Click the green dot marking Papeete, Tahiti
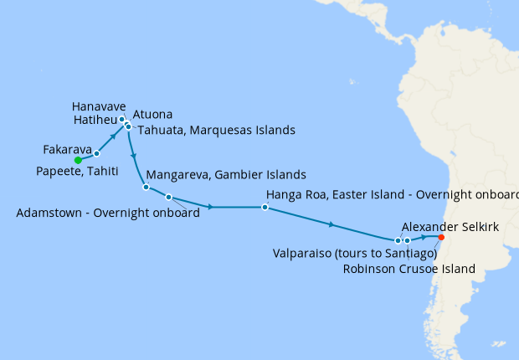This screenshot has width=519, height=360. point(77,159)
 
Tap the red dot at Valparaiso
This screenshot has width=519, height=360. point(441,237)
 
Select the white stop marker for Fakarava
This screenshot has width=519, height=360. point(97,154)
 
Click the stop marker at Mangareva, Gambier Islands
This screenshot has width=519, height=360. point(146,187)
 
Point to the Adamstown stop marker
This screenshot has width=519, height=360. point(168,198)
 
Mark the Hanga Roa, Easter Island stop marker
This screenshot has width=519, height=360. point(265,207)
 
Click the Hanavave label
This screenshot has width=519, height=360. point(99,107)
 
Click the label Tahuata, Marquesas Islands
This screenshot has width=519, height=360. point(215,131)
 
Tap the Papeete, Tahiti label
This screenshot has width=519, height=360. point(78,171)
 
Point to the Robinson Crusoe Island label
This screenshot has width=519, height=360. point(409,269)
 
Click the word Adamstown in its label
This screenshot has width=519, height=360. point(51,213)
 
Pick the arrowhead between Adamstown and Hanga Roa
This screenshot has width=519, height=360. point(210,207)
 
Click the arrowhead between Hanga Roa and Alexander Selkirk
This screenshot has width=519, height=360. point(333,224)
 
